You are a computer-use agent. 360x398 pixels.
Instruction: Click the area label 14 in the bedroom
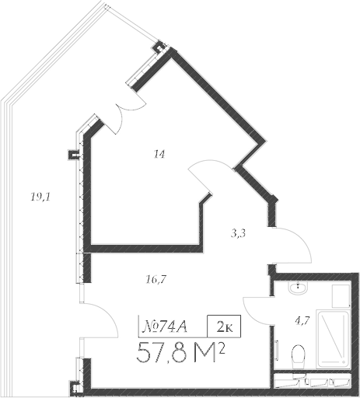point(159,155)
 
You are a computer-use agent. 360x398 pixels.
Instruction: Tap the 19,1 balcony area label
point(40,197)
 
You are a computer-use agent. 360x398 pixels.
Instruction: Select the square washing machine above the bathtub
point(340,296)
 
